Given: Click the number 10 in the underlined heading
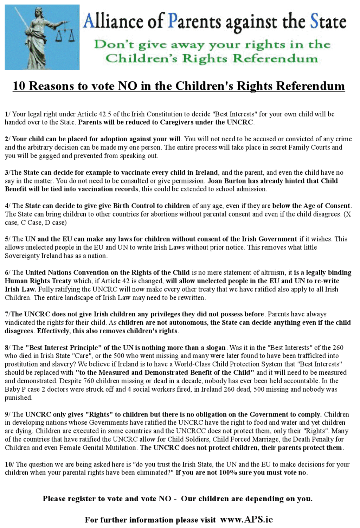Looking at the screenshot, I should (x=19, y=86).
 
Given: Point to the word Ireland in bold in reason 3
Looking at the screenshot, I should (x=207, y=173).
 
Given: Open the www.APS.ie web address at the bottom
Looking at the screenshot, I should (x=246, y=520).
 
